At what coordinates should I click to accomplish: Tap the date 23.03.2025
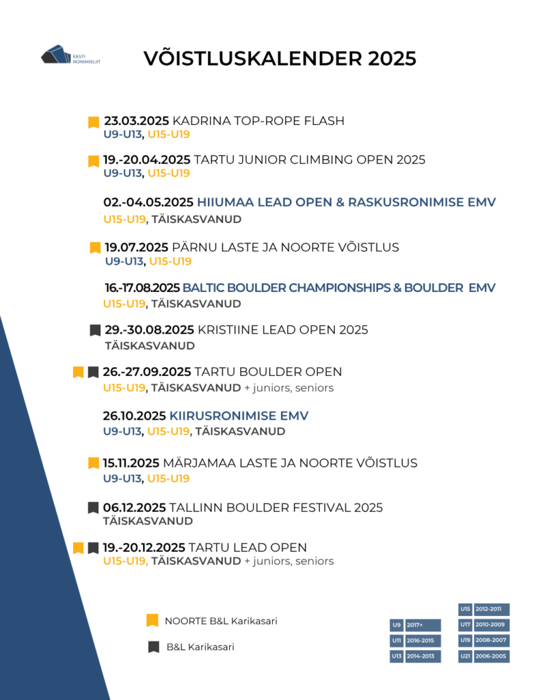tap(136, 121)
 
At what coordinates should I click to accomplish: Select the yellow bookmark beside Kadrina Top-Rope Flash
tap(94, 122)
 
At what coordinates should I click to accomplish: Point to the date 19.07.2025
tap(137, 247)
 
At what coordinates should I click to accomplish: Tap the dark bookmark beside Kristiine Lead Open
tap(95, 330)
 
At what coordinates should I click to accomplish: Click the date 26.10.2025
tap(134, 416)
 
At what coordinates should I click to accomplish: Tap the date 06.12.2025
tap(134, 507)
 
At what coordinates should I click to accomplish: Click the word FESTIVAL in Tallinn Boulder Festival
tap(302, 507)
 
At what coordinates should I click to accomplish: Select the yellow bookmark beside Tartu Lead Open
tap(78, 548)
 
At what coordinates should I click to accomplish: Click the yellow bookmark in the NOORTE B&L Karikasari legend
tap(152, 621)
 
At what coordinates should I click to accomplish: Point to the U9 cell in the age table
tap(396, 625)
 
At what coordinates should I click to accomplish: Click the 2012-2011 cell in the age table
tap(492, 609)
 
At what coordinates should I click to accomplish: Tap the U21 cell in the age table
tap(465, 656)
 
